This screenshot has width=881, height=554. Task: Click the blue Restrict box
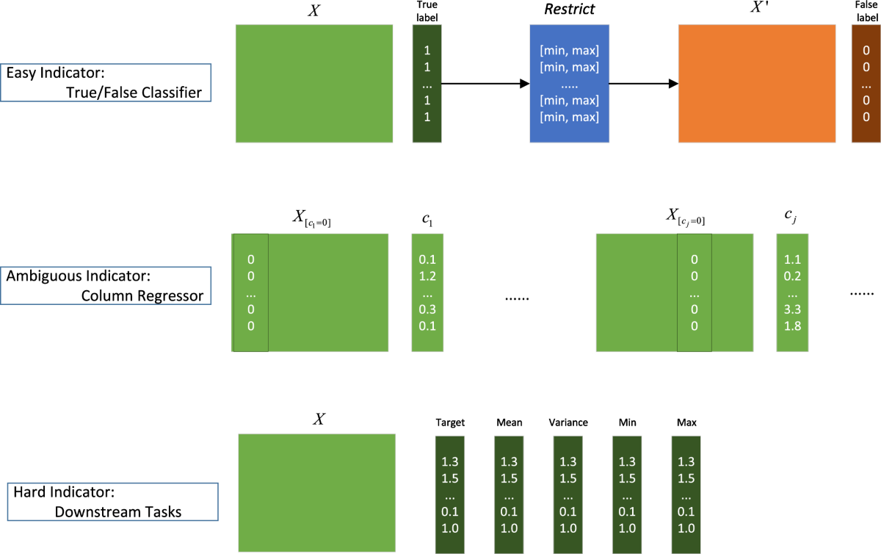568,83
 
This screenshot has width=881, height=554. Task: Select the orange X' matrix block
757,83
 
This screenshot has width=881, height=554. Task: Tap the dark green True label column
427,83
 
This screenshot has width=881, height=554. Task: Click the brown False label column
866,83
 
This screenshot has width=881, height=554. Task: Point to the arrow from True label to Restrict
485,84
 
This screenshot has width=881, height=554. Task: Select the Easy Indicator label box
106,82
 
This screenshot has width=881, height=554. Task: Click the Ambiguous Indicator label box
106,286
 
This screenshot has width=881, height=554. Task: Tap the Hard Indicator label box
113,502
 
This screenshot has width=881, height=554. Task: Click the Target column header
450,422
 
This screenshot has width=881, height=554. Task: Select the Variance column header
568,422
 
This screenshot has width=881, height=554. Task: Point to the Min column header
627,422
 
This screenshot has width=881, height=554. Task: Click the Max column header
686,422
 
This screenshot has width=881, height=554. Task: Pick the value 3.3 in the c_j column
792,310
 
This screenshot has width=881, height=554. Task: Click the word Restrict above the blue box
568,11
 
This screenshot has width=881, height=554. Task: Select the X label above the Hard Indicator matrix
319,420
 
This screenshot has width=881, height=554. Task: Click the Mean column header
509,422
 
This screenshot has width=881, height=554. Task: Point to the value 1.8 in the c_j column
792,326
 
